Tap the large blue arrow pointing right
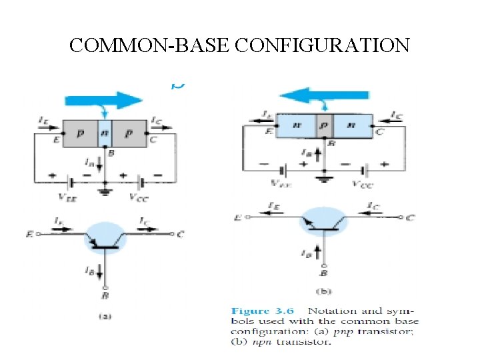point(104,100)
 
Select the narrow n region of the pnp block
point(105,134)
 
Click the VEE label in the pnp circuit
point(68,197)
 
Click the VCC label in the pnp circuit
point(140,197)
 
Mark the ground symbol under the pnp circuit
point(105,192)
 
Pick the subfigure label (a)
point(104,317)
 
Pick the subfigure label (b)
point(324,291)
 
